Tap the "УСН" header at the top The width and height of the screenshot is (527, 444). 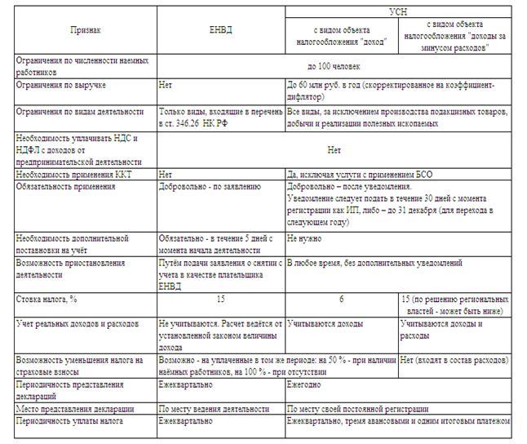[x=399, y=10]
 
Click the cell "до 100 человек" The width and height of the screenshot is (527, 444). [x=334, y=66]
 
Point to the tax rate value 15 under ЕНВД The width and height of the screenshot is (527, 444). [x=221, y=300]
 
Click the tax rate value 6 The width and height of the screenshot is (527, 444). [x=342, y=300]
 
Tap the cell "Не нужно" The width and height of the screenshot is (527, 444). [x=304, y=238]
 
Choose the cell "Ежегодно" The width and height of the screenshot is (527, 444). [x=303, y=384]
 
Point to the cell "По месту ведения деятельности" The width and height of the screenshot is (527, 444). [x=214, y=408]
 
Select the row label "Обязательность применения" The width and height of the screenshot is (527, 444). [x=66, y=186]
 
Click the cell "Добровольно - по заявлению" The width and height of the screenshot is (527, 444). [x=210, y=186]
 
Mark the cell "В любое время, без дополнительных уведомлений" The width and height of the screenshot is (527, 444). [x=374, y=264]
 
